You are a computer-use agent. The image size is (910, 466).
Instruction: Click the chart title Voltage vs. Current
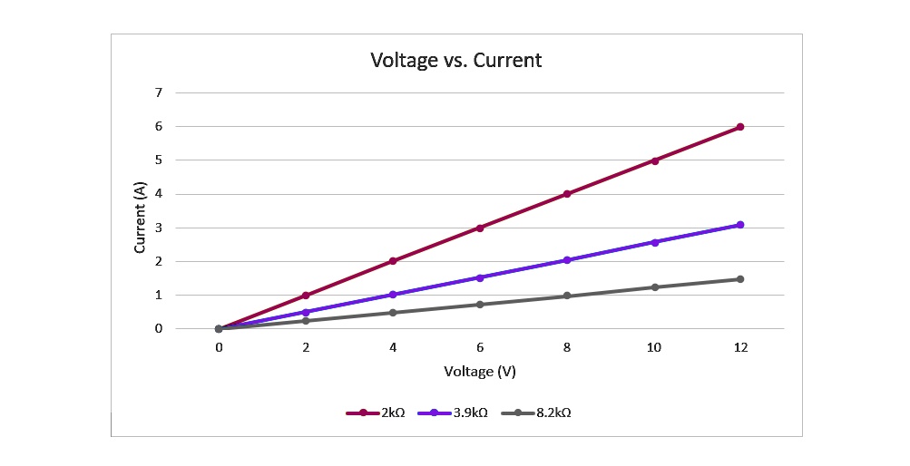(x=455, y=61)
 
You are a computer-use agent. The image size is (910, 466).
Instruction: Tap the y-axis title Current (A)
(x=141, y=217)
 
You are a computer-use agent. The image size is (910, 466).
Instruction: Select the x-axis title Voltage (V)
(x=480, y=372)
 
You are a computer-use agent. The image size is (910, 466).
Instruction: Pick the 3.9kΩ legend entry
(x=453, y=413)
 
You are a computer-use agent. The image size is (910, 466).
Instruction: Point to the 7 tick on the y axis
(x=158, y=92)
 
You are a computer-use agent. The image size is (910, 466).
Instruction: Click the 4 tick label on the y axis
(x=158, y=194)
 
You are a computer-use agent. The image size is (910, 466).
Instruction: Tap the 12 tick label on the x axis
(x=740, y=347)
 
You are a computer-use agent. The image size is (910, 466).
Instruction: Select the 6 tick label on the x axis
(x=480, y=347)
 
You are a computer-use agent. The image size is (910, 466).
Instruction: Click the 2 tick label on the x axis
(x=306, y=347)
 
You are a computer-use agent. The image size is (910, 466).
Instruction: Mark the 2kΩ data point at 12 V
(x=740, y=127)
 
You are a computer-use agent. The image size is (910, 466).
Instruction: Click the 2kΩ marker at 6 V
(x=480, y=228)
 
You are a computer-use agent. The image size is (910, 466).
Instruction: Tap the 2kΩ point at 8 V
(x=567, y=194)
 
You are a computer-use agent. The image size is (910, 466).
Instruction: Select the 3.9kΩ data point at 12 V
(x=740, y=225)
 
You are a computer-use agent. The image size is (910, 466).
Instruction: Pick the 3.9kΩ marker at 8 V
(x=567, y=260)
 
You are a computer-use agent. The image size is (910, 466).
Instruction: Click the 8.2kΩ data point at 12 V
(x=740, y=279)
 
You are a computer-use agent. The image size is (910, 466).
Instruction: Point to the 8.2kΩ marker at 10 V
(x=654, y=287)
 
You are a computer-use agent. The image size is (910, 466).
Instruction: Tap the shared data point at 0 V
(x=219, y=329)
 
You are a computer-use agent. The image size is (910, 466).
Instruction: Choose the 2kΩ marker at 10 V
(x=654, y=160)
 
